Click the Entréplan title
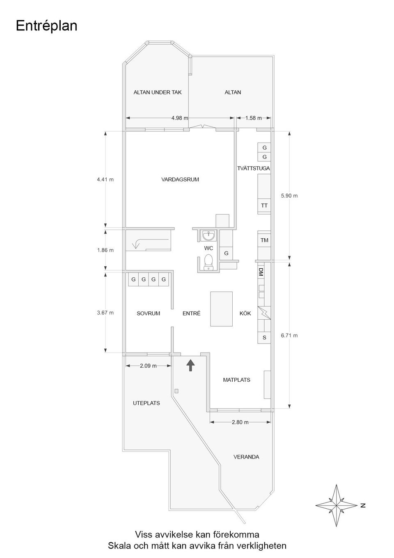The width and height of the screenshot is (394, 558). pyautogui.click(x=46, y=26)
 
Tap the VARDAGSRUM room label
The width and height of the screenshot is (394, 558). pyautogui.click(x=180, y=180)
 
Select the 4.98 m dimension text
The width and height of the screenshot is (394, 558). pyautogui.click(x=179, y=118)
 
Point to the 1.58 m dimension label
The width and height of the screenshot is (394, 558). pyautogui.click(x=253, y=118)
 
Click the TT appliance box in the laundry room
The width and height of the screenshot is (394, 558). pyautogui.click(x=264, y=205)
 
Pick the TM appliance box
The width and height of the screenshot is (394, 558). pyautogui.click(x=264, y=240)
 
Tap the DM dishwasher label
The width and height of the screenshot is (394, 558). pyautogui.click(x=261, y=272)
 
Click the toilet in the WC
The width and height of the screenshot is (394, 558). pyautogui.click(x=208, y=261)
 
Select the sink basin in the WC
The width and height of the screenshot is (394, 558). pyautogui.click(x=209, y=236)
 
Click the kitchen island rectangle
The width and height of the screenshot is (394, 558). pyautogui.click(x=221, y=309)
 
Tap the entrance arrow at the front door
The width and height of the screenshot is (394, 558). pyautogui.click(x=190, y=364)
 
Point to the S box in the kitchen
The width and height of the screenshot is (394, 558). pyautogui.click(x=264, y=338)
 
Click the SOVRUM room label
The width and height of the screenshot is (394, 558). pyautogui.click(x=148, y=314)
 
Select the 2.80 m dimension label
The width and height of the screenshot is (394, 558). pyautogui.click(x=240, y=422)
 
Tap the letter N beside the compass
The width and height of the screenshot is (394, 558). pyautogui.click(x=363, y=505)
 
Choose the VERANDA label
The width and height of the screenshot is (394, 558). pyautogui.click(x=246, y=457)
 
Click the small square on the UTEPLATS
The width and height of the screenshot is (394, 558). pyautogui.click(x=176, y=391)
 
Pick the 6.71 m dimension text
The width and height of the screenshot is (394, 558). pyautogui.click(x=289, y=336)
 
